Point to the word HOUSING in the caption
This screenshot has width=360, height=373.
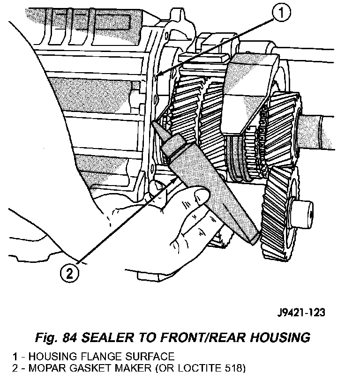coord(277,337)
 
